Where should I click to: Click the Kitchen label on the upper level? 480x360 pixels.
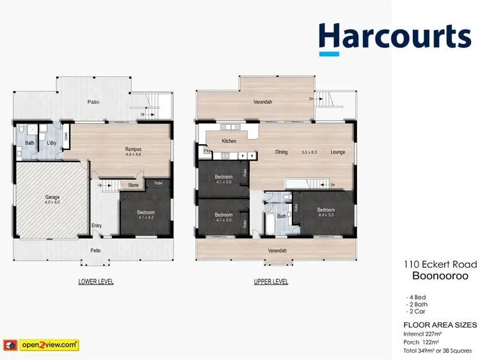228,141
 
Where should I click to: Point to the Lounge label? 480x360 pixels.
338,152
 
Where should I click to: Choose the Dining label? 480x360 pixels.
281,152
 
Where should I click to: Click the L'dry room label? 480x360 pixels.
52,143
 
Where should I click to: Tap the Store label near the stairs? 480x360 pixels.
133,186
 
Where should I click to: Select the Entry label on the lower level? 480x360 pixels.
97,225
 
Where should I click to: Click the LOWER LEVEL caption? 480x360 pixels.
96,281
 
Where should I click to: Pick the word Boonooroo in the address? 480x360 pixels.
440,275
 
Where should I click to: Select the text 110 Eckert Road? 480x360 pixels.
440,263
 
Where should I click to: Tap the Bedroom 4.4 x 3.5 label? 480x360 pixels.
325,213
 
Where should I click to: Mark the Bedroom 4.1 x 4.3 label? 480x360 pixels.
146,215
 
